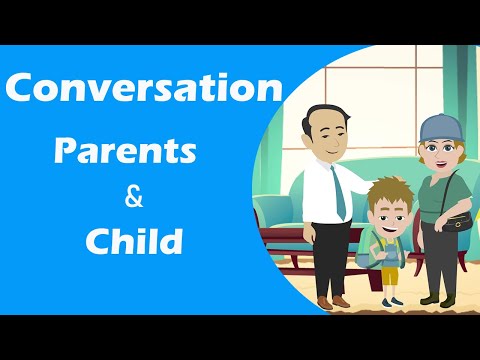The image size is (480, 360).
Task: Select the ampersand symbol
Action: [133, 196]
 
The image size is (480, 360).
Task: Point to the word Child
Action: [133, 241]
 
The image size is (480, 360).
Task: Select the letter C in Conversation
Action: [21, 89]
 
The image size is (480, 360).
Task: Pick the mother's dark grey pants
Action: [437, 255]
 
